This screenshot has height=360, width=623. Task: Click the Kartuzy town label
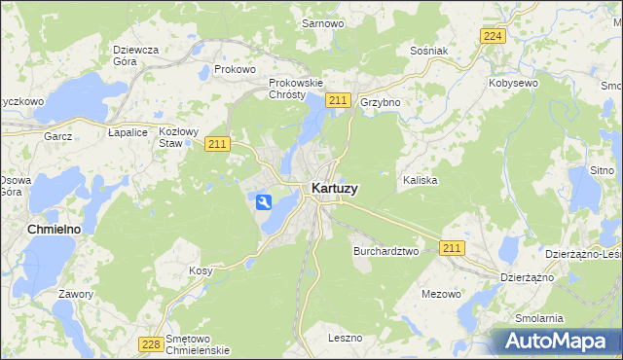tap(333, 189)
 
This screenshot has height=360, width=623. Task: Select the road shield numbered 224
tap(494, 36)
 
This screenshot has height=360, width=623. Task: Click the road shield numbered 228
tap(150, 343)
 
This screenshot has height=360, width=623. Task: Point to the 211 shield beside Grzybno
tap(338, 100)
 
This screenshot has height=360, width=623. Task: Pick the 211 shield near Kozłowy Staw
tap(217, 144)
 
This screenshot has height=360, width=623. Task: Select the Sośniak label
tap(429, 50)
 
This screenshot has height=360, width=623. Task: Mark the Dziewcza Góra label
tap(136, 54)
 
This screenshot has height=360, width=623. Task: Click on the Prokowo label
tap(235, 70)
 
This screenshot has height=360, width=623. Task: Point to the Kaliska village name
tap(421, 181)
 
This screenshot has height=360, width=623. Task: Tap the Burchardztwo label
tap(385, 250)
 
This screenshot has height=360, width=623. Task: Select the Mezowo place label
tap(441, 293)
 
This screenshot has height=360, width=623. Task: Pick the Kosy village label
tap(201, 270)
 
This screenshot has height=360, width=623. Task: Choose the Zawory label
tap(75, 294)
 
